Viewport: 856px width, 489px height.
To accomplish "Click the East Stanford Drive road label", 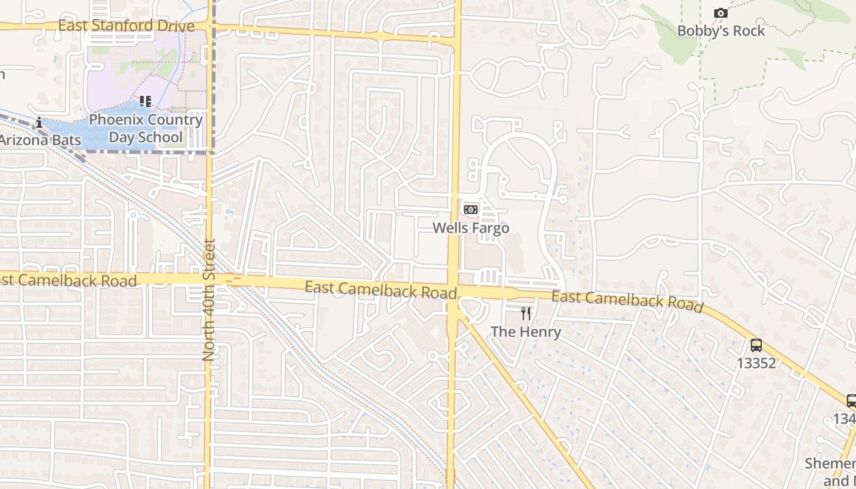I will click(x=127, y=26).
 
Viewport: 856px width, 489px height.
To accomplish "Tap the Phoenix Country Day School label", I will click(x=146, y=128).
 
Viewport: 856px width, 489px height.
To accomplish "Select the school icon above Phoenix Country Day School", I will click(x=145, y=101).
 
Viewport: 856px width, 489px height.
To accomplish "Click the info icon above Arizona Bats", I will click(x=39, y=122).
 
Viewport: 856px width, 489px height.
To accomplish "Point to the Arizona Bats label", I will click(x=40, y=140).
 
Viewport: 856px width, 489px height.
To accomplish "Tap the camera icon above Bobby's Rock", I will click(x=721, y=13).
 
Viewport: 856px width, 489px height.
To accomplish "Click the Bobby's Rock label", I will click(x=721, y=31).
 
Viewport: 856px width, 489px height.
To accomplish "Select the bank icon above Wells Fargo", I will click(x=470, y=210).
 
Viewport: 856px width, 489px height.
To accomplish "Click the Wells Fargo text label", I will click(x=471, y=228).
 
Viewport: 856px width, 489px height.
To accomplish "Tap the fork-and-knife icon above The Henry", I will click(x=526, y=314).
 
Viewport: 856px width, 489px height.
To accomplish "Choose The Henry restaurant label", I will click(x=526, y=332).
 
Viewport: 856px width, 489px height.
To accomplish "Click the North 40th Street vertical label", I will click(x=209, y=300).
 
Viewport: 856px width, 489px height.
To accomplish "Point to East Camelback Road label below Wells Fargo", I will click(x=380, y=290).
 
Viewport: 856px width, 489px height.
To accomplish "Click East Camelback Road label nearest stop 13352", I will click(x=627, y=301).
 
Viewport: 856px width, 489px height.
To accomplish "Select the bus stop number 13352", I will click(x=756, y=363).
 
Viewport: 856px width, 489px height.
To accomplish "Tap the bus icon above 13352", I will click(x=756, y=345).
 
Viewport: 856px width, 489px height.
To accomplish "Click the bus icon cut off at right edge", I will click(x=851, y=401).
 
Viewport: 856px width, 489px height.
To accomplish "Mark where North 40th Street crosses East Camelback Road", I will click(x=208, y=279).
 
